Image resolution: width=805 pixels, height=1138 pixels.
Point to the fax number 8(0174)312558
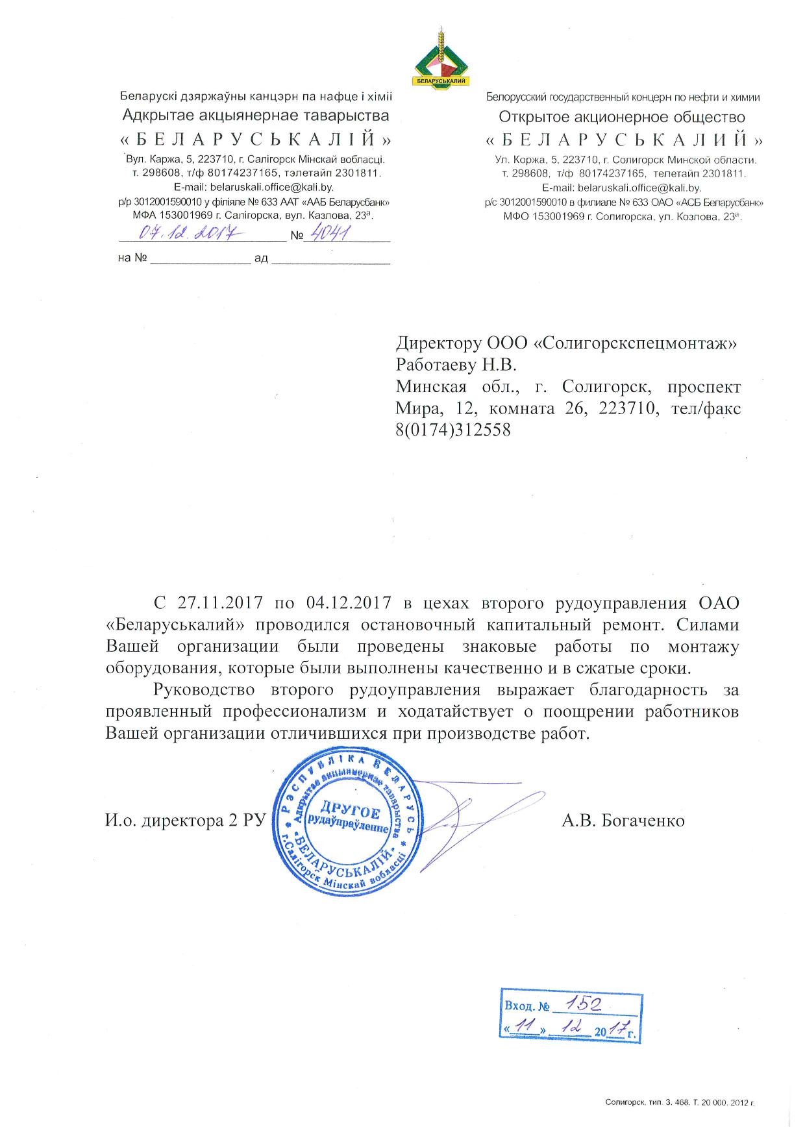(453, 430)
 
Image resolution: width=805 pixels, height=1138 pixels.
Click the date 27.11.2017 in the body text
(219, 602)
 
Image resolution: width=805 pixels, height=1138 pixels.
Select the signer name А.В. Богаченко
(623, 821)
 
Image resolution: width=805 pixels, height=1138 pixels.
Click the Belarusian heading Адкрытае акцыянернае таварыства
(256, 116)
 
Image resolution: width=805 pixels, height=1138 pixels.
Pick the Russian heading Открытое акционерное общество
(621, 118)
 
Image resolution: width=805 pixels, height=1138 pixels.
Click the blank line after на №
(201, 259)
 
